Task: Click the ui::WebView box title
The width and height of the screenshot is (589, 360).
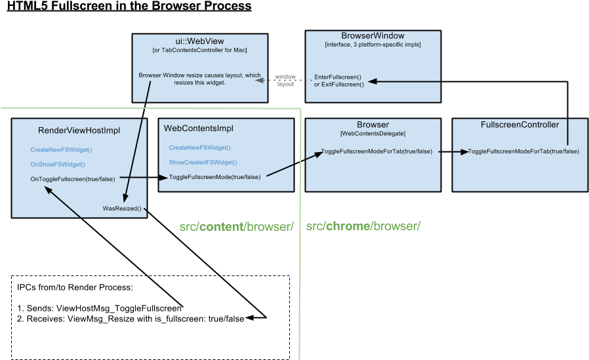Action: (199, 41)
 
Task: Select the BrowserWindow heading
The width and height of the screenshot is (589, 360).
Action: (373, 35)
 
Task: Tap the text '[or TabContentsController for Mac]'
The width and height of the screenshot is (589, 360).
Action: (199, 50)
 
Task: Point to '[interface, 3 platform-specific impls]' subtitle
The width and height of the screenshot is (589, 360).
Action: (373, 45)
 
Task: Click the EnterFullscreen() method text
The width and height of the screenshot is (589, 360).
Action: (338, 77)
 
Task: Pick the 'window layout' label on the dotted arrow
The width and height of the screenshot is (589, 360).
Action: (285, 81)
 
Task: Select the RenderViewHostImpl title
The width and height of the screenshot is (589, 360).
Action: (79, 130)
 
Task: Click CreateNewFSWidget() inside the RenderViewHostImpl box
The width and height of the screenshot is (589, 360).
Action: (61, 150)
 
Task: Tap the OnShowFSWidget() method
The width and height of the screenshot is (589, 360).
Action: (58, 164)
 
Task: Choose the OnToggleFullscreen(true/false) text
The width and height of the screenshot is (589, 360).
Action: (73, 178)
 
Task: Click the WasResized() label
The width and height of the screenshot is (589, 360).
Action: (122, 209)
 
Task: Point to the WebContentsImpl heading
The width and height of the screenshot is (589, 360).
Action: (198, 128)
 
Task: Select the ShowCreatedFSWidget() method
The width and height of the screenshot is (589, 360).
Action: (203, 162)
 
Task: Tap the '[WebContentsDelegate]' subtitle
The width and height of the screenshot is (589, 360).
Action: (373, 134)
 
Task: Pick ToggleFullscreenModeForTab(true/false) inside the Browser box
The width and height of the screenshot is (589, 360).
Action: (376, 151)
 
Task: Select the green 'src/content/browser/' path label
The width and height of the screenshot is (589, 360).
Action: (236, 227)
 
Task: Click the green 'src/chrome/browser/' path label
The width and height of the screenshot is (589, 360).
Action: (363, 227)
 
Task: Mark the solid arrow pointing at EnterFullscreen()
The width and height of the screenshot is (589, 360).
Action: (404, 82)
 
